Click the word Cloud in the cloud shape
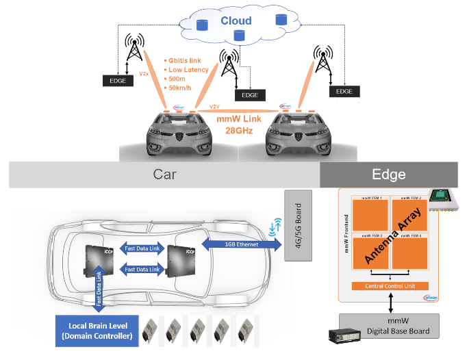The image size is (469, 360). [x=236, y=21]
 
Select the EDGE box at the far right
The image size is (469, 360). [x=344, y=91]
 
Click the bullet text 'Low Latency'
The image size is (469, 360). [x=189, y=70]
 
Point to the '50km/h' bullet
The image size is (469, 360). [x=181, y=89]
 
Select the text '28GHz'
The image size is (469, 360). [x=235, y=130]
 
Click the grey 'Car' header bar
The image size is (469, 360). [x=164, y=175]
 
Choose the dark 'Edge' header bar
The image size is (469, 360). [x=388, y=175]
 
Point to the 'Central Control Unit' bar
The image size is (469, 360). [x=389, y=285]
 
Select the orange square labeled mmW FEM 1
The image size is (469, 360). [x=369, y=219]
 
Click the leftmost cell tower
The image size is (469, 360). [x=134, y=49]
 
